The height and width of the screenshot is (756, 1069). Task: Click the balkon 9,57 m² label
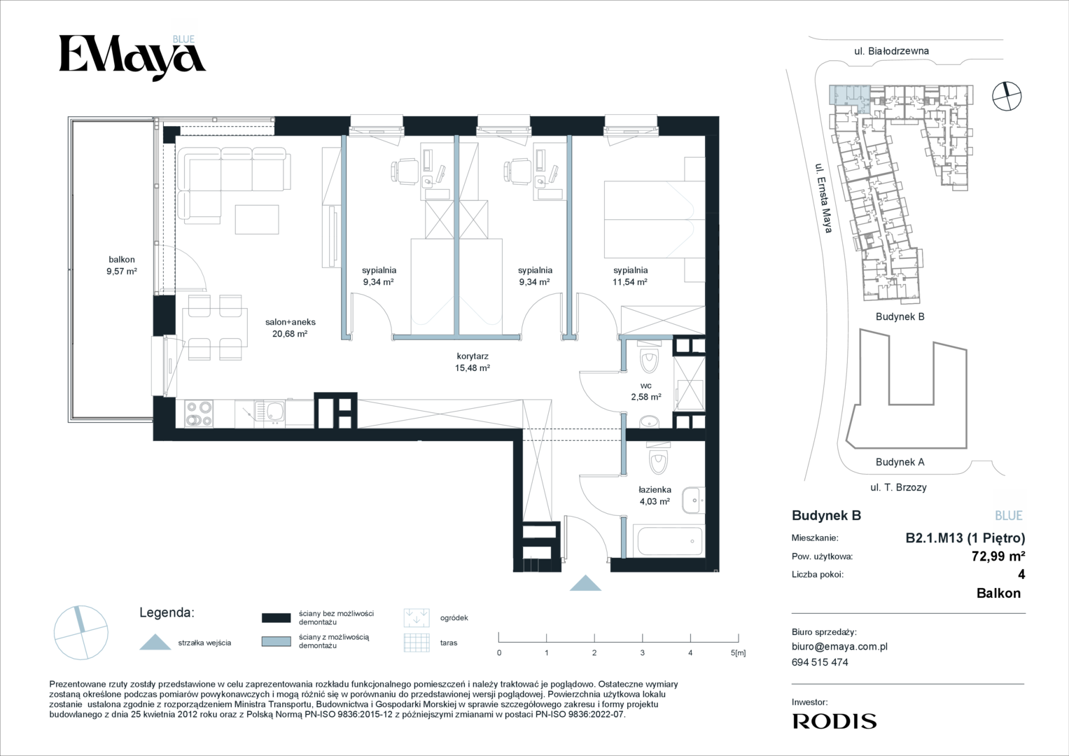tap(122, 265)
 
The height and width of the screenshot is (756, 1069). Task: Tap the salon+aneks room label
tap(290, 328)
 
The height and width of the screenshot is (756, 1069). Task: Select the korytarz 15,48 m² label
tap(473, 362)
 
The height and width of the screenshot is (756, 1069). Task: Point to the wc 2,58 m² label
tap(645, 391)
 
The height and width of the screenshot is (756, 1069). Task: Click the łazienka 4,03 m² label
tap(655, 496)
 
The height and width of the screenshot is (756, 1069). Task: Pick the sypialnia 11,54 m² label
tap(631, 276)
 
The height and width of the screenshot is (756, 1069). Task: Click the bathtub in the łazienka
tap(668, 540)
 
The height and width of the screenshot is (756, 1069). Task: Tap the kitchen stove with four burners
tap(199, 413)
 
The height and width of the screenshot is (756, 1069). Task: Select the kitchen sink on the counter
tap(270, 413)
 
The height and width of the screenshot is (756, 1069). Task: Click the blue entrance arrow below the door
tap(585, 584)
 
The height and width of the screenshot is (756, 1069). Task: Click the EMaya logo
tap(132, 57)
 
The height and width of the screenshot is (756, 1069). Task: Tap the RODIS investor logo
tap(834, 721)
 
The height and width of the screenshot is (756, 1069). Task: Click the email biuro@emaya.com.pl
tap(839, 647)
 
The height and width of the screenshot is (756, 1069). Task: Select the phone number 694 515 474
tap(820, 662)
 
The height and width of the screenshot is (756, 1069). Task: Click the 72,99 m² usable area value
tap(998, 556)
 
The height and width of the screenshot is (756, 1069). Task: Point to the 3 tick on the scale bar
tap(643, 638)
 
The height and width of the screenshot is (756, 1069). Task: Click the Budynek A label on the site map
tap(900, 462)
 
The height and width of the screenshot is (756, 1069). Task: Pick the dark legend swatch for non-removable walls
tap(276, 618)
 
